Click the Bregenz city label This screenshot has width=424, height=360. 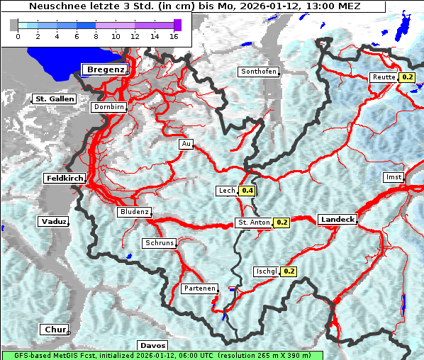coord(105,69)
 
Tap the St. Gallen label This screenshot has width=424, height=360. coord(54,99)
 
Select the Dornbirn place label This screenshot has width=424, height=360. coord(109,107)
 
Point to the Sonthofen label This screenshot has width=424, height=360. coord(259,72)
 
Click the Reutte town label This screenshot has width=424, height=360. coord(384,77)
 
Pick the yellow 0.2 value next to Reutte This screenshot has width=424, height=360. coord(407,77)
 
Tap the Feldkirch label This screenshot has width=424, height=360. coord(64,178)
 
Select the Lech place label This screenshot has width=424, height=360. coord(226,191)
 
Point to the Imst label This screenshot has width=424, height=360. coord(392,176)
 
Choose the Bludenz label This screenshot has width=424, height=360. coord(134,212)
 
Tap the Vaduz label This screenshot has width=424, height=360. coord(53,222)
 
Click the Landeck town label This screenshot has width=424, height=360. coord(337,220)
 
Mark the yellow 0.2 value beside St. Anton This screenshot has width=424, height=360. coord(281,223)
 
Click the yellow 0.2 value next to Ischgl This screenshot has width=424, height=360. coord(289,271)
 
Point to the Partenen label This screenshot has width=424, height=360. coord(199,288)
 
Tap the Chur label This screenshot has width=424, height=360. coord(54,330)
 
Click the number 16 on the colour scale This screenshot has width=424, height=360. coord(174,35)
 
